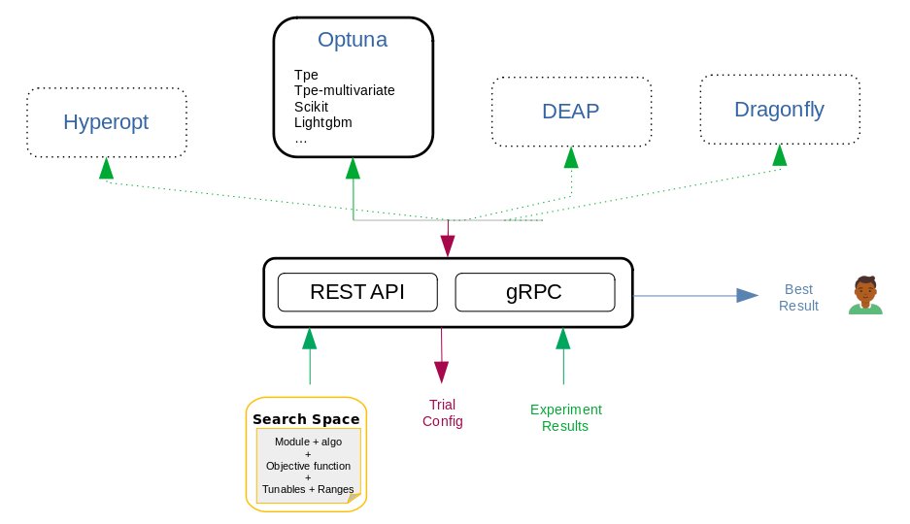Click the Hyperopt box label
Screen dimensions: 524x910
[x=106, y=122]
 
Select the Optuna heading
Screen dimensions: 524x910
[x=353, y=41]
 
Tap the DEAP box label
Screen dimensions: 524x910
[x=570, y=111]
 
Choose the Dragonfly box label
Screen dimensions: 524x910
[x=779, y=109]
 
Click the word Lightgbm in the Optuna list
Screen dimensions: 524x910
[x=322, y=122]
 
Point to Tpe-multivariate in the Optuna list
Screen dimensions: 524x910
[x=344, y=90]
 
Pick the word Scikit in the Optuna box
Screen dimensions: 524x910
[x=313, y=107]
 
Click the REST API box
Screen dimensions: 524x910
[x=356, y=292]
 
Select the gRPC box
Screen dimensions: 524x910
[x=534, y=292]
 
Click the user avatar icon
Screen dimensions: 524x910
[x=865, y=295]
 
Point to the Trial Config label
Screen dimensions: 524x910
[x=442, y=412]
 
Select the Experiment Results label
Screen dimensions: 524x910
[x=565, y=417]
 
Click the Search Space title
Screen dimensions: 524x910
[x=306, y=419]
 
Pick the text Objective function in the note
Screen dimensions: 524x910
[x=307, y=466]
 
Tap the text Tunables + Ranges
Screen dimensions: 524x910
[x=307, y=488]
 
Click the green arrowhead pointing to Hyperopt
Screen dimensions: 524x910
[x=105, y=168]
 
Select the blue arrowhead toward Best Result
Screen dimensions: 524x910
[x=746, y=295]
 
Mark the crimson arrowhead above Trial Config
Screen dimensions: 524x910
[x=442, y=371]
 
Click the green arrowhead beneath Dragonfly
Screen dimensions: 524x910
[x=779, y=155]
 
